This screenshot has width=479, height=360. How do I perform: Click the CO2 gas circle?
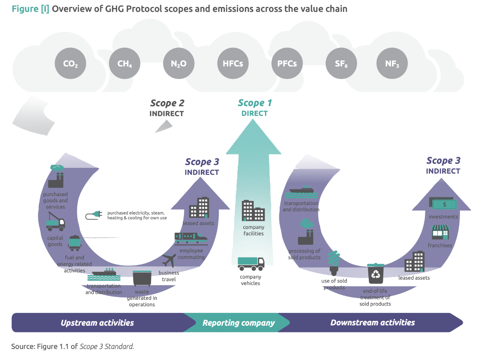click(70, 63)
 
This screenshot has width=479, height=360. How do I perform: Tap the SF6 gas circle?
click(341, 63)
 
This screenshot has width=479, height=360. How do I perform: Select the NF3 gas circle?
click(392, 63)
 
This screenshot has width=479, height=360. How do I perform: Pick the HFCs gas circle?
click(233, 63)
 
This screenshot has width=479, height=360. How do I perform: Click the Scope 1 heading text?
click(254, 103)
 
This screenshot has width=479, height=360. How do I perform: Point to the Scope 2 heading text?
click(167, 104)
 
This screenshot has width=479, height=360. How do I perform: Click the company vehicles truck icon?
click(251, 263)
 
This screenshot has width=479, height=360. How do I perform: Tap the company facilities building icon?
click(253, 210)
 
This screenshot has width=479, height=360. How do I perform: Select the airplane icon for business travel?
click(169, 260)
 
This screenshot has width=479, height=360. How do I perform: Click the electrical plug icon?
click(94, 215)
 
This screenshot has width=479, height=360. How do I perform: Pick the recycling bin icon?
click(375, 273)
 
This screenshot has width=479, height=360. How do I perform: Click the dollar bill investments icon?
click(442, 204)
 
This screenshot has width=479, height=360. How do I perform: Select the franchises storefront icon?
click(440, 232)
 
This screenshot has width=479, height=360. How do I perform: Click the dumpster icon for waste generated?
click(142, 278)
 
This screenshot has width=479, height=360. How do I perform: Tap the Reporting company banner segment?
click(238, 323)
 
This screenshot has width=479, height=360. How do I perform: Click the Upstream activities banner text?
click(97, 323)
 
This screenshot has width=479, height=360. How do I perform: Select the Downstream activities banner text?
click(372, 322)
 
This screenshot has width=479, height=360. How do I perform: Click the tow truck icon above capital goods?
click(55, 221)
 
